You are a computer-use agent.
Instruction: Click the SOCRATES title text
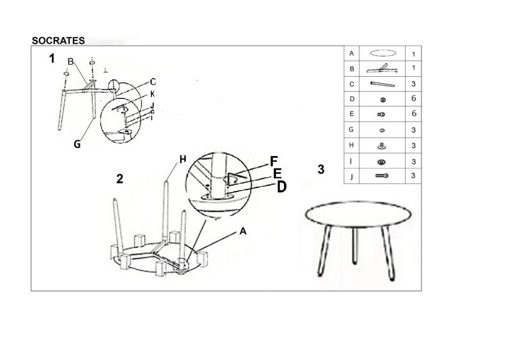[x=58, y=41]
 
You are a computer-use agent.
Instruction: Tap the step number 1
[x=52, y=58]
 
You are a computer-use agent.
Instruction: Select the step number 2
[x=120, y=179]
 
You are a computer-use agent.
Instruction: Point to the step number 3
[x=321, y=169]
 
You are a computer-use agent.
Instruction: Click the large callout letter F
[x=274, y=161]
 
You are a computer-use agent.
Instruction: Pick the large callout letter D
[x=282, y=187]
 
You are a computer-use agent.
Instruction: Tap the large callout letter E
[x=277, y=173]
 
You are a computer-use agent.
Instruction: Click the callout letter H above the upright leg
[x=183, y=159]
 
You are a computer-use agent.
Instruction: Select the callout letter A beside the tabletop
[x=243, y=231]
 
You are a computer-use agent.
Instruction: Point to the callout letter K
[x=153, y=94]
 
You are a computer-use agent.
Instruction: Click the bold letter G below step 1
[x=77, y=144]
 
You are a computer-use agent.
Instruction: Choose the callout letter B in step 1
[x=71, y=62]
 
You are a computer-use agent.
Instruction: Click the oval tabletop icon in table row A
[x=383, y=53]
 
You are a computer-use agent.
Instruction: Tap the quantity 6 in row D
[x=414, y=98]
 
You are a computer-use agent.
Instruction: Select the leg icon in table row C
[x=383, y=84]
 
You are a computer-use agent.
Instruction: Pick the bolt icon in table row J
[x=382, y=176]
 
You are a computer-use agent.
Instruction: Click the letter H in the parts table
[x=351, y=145]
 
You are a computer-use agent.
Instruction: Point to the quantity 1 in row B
[x=413, y=68]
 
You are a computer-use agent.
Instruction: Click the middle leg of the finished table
[x=355, y=246]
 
